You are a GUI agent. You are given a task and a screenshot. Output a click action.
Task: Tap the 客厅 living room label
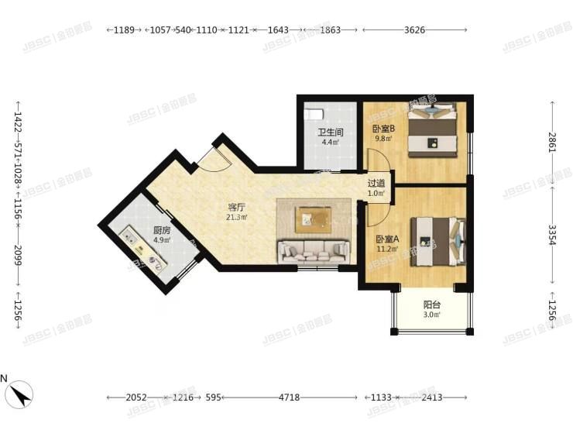[x=236, y=207]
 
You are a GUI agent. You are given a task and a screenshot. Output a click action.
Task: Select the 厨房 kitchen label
[x=162, y=230]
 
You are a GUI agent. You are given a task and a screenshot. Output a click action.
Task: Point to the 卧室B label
[x=383, y=129]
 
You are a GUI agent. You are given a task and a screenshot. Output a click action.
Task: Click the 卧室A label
[x=387, y=239]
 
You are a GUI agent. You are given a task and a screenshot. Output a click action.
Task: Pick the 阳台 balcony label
[x=432, y=304]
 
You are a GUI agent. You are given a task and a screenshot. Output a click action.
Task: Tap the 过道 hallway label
[x=376, y=184]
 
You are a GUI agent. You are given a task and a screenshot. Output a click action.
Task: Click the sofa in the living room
[x=313, y=249]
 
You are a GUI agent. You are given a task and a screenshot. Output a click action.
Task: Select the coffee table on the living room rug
[x=314, y=219]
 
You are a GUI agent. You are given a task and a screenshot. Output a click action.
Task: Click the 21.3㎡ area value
[x=236, y=218]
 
